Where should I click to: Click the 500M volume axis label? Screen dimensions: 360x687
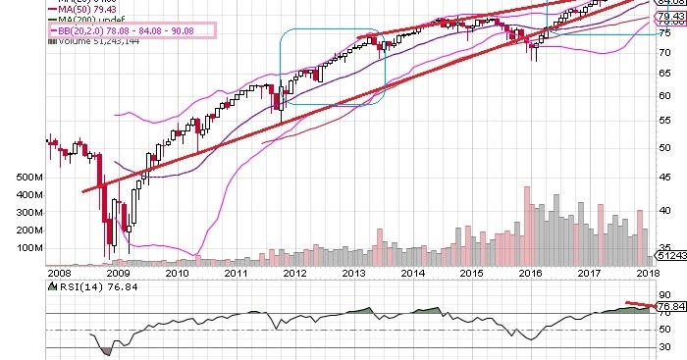coord(19,178)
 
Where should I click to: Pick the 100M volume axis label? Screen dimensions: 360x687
coord(19,247)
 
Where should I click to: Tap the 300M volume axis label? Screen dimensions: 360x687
coord(19,213)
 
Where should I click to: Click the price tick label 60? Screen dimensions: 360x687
coord(664,95)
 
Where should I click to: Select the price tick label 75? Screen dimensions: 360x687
coord(664,33)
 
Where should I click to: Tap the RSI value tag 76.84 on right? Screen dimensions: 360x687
coord(670,306)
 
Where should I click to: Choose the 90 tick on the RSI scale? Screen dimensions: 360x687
coord(664,293)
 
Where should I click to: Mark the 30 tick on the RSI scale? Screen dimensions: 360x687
coord(664,347)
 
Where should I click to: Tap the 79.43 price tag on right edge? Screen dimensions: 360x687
coord(670,16)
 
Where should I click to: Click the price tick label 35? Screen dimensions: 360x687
coord(664,247)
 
